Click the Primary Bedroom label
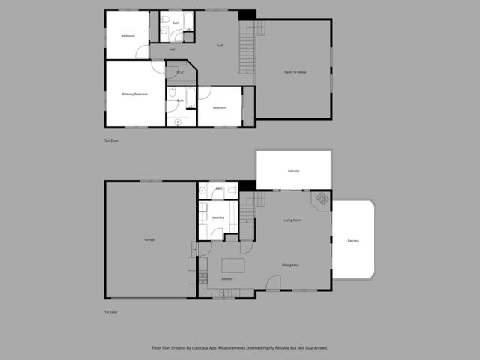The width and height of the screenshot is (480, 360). pos(135,94)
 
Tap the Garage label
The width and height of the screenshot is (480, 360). pos(150,239)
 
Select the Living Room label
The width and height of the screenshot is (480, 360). pos(292,220)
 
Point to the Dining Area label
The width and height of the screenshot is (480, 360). pos(291,265)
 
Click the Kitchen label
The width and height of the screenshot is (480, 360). pos(227,279)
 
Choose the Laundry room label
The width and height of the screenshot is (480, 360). pos(219,217)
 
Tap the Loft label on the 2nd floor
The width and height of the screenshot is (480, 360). pos(220,46)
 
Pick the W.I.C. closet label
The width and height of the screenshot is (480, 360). pos(180,73)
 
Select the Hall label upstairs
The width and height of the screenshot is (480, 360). pos(172,49)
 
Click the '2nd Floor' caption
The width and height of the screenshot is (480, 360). pos(111,141)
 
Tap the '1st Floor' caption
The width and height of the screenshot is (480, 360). pos(111,311)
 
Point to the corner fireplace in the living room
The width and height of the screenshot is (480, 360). pos(321,199)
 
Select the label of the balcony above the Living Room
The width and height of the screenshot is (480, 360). pos(293,172)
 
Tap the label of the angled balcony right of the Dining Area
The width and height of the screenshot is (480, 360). pos(353,241)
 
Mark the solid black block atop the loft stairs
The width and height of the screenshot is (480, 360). pos(247,14)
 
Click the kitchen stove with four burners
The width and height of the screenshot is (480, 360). pos(203,281)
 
